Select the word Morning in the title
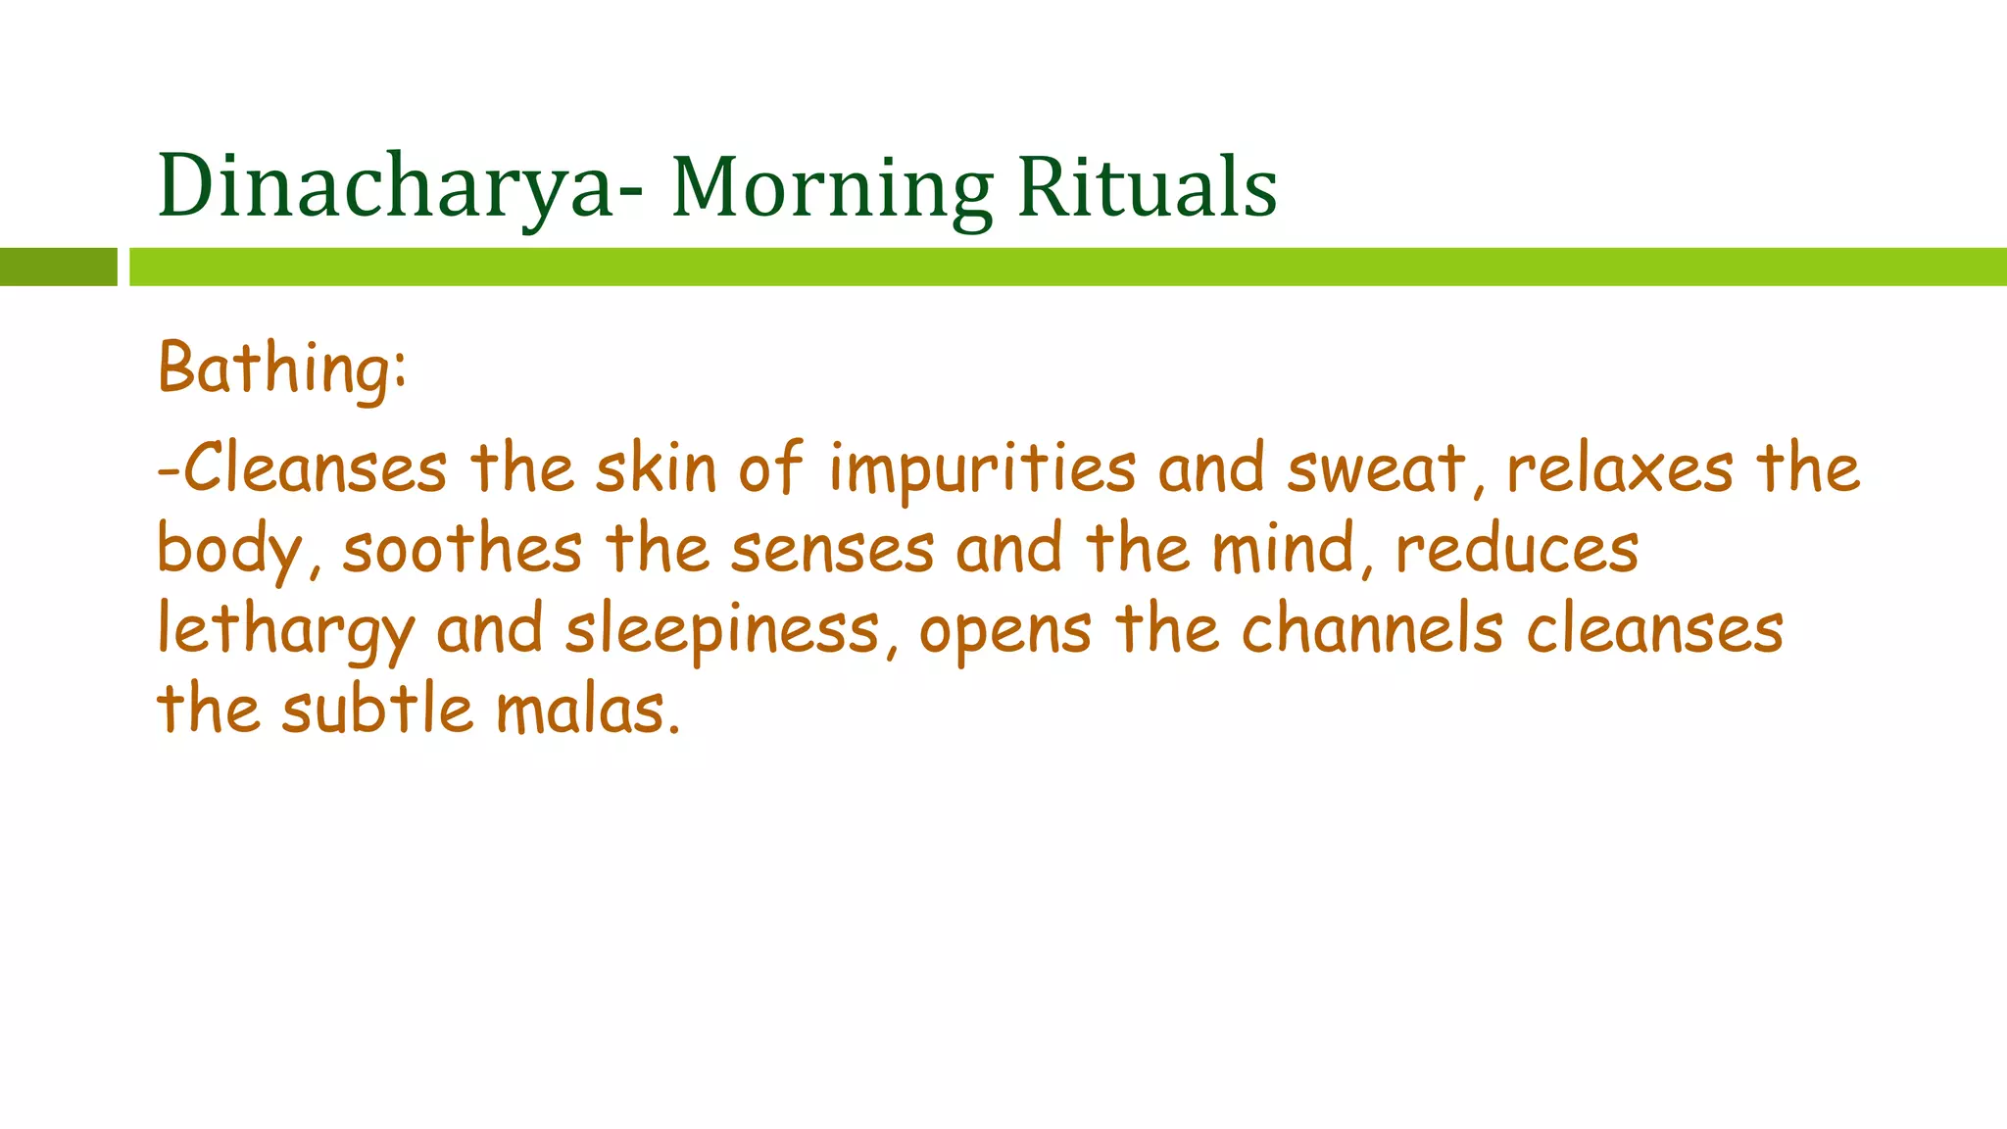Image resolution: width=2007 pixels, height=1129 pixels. coord(832,188)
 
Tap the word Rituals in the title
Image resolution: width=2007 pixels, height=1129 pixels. coord(1148,186)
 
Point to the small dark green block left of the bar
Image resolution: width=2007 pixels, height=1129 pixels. coord(58,267)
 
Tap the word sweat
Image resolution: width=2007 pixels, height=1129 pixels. coord(1377,468)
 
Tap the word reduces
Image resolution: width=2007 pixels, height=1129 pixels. coord(1517,549)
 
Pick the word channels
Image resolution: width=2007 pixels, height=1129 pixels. coord(1372,629)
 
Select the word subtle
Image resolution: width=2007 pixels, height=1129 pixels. coord(377,710)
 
